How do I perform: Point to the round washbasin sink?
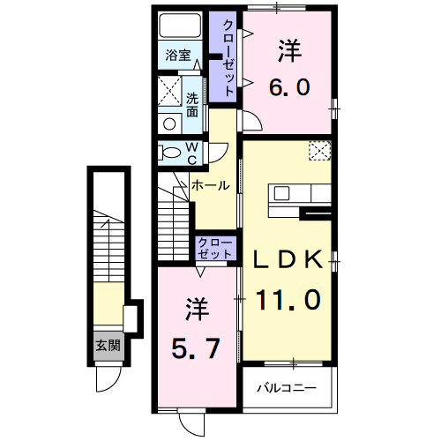pos(167,124)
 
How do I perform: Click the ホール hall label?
pos(210,186)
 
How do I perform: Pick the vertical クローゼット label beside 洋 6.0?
pos(228,56)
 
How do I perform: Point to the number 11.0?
pos(288,300)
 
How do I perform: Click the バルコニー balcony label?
pos(286,387)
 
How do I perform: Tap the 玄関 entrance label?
pos(108,345)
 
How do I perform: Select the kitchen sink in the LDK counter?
pos(287,194)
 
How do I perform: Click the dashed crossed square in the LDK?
pos(318,151)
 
